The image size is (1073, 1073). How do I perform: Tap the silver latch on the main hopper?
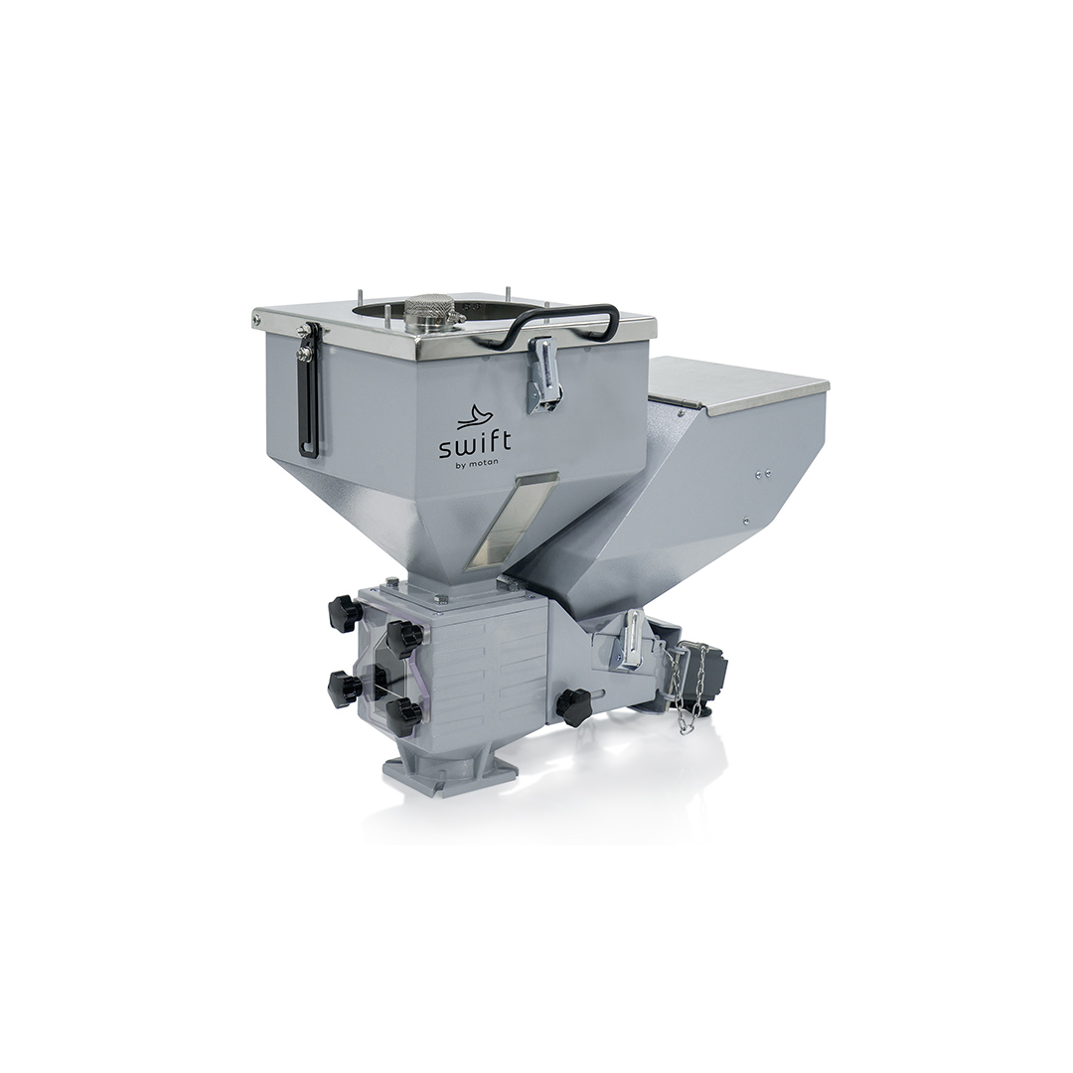pos(544,375)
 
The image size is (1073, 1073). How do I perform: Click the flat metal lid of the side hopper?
pos(739,385)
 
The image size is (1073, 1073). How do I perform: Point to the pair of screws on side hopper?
pos(763,472)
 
